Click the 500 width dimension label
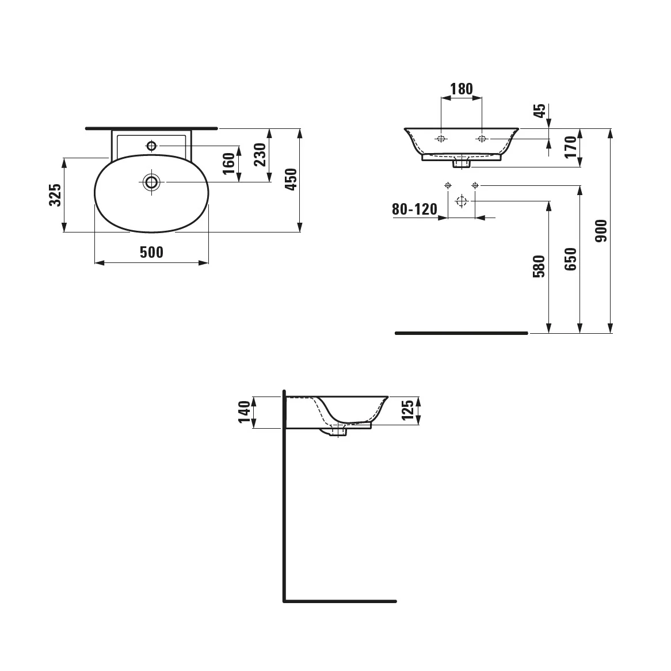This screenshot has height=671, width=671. [151, 253]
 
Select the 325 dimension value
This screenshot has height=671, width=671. [55, 195]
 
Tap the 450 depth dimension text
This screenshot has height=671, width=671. [291, 180]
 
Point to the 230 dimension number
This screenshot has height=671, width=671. [260, 154]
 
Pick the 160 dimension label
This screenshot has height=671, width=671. [229, 163]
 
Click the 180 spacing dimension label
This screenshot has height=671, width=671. [462, 89]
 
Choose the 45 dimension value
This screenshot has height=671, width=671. [540, 110]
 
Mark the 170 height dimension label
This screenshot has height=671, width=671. [571, 147]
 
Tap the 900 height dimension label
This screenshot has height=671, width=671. [601, 231]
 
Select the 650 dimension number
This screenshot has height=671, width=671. [571, 259]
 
